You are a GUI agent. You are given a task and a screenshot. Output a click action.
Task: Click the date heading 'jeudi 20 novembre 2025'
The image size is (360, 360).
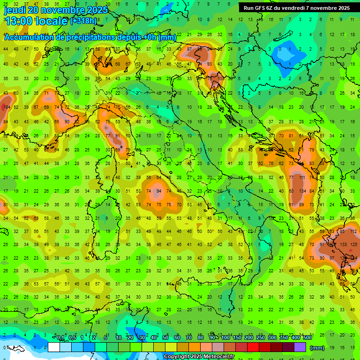pyautogui.click(x=56, y=10)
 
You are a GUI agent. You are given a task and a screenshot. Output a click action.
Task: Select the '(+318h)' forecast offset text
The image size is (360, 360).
pyautogui.click(x=83, y=21)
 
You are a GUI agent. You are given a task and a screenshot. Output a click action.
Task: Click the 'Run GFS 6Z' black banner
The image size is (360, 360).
pyautogui.click(x=296, y=8)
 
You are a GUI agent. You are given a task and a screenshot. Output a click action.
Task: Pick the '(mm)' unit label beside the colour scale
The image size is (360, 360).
pyautogui.click(x=317, y=348)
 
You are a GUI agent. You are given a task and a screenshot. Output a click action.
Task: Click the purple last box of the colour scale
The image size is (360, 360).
pyautogui.click(x=300, y=347)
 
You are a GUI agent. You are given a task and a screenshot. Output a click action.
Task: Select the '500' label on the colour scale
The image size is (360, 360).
pyautogui.click(x=307, y=338)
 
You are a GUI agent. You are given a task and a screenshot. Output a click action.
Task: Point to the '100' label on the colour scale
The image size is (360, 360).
pyautogui.click(x=225, y=338)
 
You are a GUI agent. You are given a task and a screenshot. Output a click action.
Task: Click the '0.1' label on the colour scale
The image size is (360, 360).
pyautogui.click(x=60, y=338)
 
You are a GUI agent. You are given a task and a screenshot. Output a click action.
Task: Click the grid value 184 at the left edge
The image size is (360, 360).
pyautogui.click(x=6, y=108)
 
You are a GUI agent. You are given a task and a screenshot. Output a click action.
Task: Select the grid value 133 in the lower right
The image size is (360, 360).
pyautogui.click(x=343, y=245)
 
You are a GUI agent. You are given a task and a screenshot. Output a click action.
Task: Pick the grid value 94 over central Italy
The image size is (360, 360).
pyautogui.click(x=159, y=191)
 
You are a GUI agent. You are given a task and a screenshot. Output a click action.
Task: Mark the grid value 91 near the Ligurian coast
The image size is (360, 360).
pyautogui.click(x=118, y=136)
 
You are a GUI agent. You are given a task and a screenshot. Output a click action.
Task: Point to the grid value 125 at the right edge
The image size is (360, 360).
pyautogui.click(x=354, y=245)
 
